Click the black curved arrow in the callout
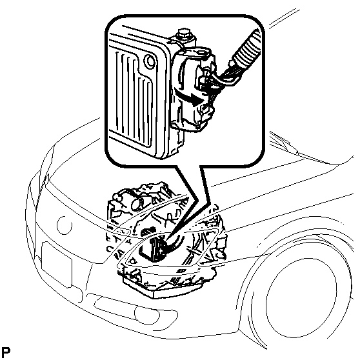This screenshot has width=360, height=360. click(x=189, y=97)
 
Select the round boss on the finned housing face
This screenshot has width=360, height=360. click(x=150, y=61)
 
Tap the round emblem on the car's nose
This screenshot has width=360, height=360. click(x=65, y=225)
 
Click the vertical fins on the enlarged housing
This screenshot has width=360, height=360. click(x=134, y=96)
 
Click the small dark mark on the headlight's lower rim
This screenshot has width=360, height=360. click(x=183, y=271)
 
